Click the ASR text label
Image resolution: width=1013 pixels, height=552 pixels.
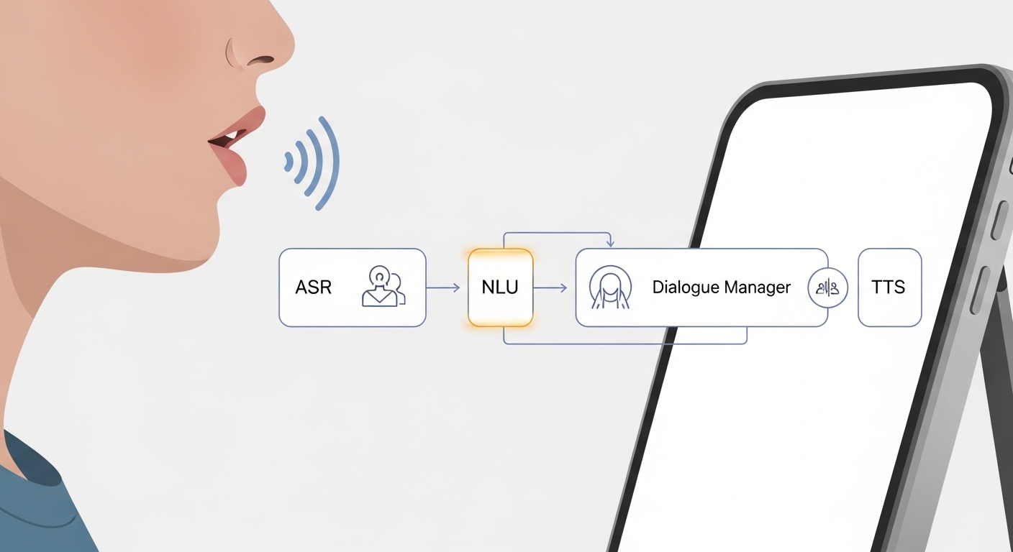(x=313, y=287)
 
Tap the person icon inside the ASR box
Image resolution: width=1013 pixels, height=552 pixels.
(x=382, y=287)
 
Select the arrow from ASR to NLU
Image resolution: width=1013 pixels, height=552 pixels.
(x=443, y=287)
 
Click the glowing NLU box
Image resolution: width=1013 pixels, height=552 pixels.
(x=500, y=287)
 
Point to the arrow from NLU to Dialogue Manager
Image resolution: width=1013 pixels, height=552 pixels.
(x=550, y=287)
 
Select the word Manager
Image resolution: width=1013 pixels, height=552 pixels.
(x=757, y=287)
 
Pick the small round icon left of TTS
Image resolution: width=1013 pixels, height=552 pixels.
(x=828, y=287)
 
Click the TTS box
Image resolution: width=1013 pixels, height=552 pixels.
(x=889, y=287)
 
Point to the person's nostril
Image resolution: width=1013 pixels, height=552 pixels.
(x=261, y=59)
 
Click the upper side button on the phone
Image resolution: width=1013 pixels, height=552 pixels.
(x=998, y=219)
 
